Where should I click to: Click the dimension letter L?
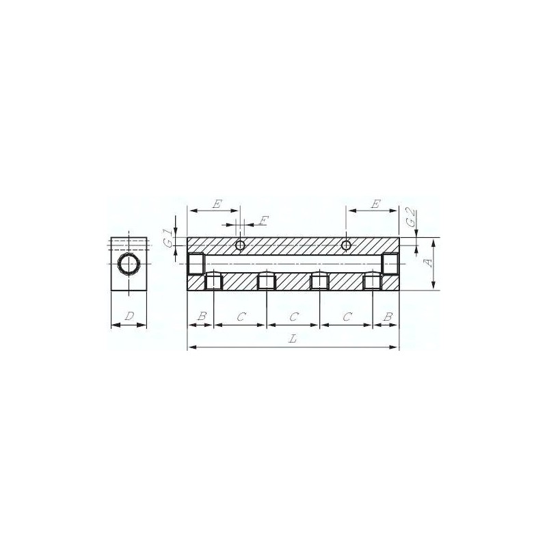point(293,340)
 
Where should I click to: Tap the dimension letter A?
point(429,263)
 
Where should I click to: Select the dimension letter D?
point(129,317)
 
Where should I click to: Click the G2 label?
point(410,217)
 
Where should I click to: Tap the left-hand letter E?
point(217,204)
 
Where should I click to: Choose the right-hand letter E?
point(375,204)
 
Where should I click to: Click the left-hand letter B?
point(201,317)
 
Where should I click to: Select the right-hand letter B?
point(388,317)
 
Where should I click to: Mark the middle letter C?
point(294,317)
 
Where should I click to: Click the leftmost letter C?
point(241,317)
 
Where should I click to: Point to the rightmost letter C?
point(347,317)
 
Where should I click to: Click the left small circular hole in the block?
point(240,245)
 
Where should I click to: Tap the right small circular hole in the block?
point(347,245)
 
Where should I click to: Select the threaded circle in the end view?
point(128,263)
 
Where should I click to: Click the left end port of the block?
point(196,263)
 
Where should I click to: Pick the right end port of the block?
point(390,263)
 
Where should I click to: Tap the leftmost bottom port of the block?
point(214,281)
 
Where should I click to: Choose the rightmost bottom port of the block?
point(373,281)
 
